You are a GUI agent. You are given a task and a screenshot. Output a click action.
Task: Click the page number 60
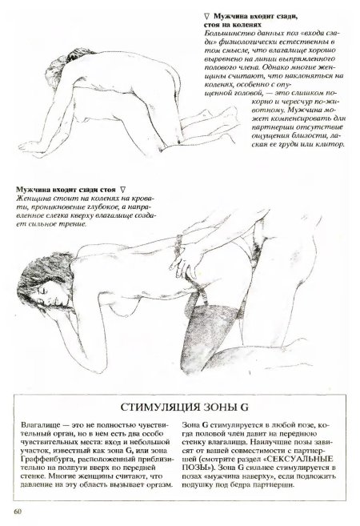(x=18, y=512)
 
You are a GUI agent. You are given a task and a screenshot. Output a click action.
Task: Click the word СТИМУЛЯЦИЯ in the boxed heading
(x=159, y=408)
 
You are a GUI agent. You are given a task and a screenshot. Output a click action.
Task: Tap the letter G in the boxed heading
(x=244, y=408)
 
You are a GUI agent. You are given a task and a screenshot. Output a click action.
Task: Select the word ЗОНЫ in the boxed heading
(x=220, y=408)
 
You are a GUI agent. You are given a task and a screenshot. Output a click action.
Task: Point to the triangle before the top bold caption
(x=206, y=16)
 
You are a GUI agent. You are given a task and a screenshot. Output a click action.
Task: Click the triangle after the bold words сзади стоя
(x=122, y=190)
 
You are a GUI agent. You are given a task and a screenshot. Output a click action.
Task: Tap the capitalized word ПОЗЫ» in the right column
(x=194, y=468)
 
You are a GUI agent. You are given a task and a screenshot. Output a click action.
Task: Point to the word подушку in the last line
(x=197, y=485)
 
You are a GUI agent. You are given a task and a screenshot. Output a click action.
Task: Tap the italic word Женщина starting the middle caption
(x=30, y=199)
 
